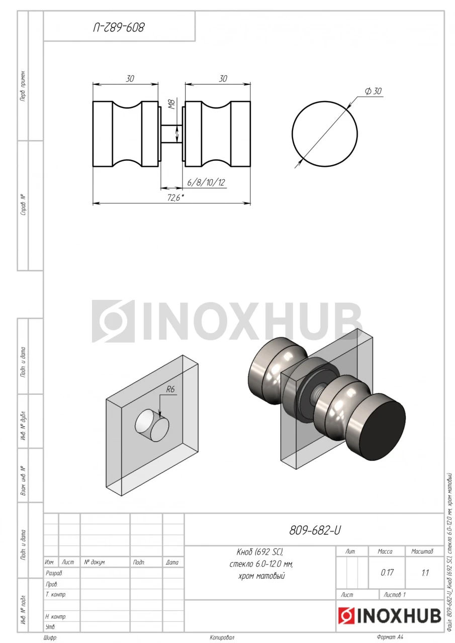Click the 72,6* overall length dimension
[176, 197]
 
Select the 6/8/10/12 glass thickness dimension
[206, 182]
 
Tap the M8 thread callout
[172, 104]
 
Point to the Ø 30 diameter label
[373, 91]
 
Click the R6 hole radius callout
[170, 389]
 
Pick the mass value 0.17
[387, 573]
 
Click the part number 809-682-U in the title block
[315, 530]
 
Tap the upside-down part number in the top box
[119, 28]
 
